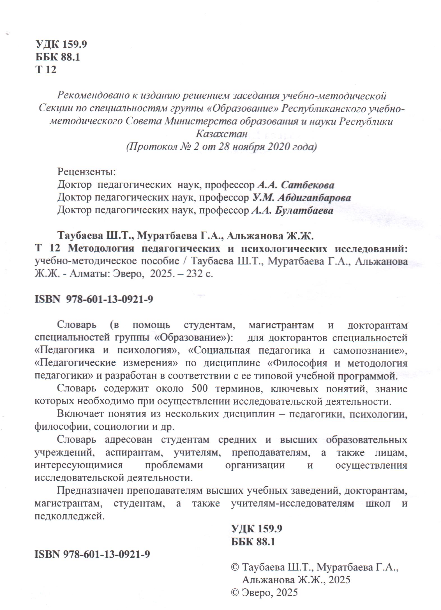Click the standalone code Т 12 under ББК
pyautogui.click(x=46, y=70)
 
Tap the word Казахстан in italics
pyautogui.click(x=221, y=134)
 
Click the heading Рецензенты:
pyautogui.click(x=86, y=171)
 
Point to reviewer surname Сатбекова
pyautogui.click(x=308, y=185)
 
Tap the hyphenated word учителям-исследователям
pyautogui.click(x=293, y=503)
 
